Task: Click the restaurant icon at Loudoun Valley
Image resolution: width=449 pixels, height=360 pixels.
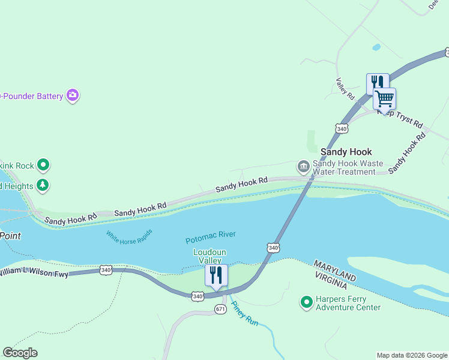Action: pos(216,275)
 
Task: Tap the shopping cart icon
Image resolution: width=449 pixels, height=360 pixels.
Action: pos(384,98)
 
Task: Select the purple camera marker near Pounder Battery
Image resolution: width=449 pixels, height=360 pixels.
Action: pos(73,95)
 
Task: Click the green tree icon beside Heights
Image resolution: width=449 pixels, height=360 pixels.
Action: pos(43,184)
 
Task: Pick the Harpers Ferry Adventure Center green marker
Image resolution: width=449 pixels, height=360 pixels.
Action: pos(307,301)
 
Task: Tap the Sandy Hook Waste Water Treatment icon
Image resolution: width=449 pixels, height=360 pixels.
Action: pos(303,166)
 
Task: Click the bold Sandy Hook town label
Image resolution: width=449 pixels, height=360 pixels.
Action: pos(346,152)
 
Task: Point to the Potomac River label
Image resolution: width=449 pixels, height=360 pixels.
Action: pos(210,238)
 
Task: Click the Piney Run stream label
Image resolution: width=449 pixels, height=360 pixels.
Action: pos(245,313)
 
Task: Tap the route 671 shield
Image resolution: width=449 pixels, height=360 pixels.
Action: pos(220,308)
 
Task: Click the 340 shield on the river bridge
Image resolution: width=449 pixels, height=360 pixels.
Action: pos(273,247)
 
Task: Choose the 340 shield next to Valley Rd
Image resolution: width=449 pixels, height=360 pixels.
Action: pos(342,128)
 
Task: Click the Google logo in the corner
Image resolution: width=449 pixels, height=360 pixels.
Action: pos(20,353)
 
